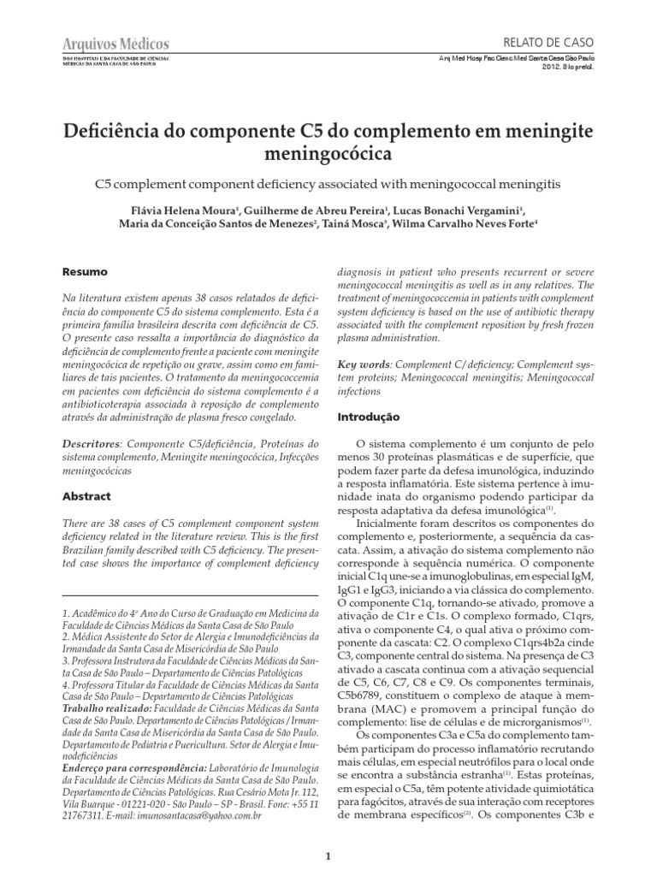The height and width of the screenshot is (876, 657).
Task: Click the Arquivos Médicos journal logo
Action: (116, 44)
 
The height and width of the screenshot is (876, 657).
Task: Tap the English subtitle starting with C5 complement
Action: (328, 184)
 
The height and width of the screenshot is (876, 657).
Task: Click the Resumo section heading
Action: (85, 272)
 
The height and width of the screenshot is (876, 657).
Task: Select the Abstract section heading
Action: (88, 495)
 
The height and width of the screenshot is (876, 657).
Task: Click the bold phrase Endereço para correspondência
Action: (134, 767)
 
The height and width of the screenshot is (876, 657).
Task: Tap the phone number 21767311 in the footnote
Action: (84, 816)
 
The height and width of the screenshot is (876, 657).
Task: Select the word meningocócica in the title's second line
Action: (328, 156)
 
